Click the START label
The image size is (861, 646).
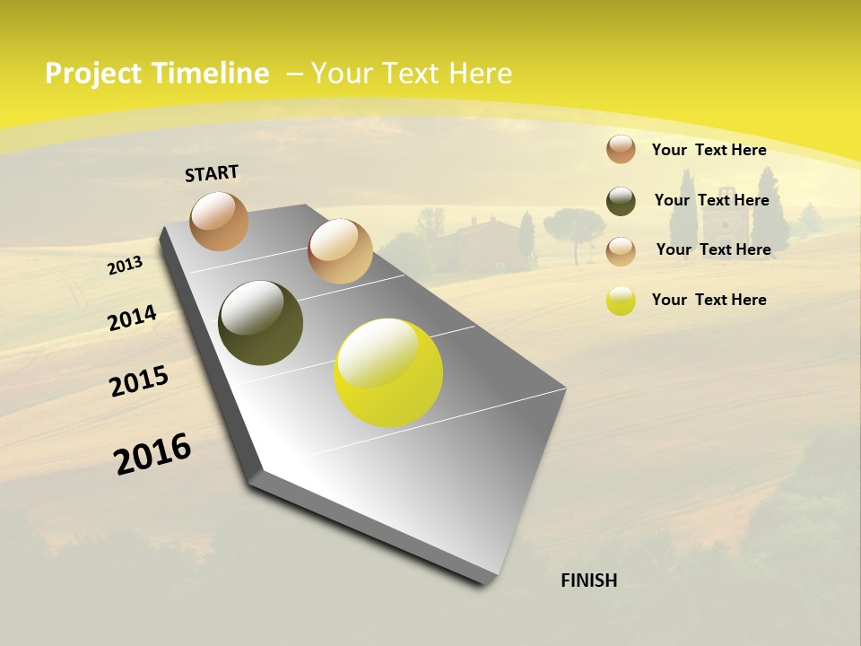212,173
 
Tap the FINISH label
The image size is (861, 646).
589,581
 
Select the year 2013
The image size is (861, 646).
126,265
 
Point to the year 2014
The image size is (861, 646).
132,319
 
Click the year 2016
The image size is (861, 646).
152,454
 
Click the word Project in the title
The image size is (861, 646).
93,74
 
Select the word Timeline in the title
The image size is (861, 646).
211,74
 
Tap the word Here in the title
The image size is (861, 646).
480,74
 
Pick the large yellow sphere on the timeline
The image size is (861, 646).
388,372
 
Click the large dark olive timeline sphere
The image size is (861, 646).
260,323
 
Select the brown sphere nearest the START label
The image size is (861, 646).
220,221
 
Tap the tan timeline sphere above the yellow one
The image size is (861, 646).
340,251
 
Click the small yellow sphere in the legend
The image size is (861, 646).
621,301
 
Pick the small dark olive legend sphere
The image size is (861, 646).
621,201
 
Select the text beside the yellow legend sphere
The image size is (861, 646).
709,300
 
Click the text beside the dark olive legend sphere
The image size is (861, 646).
711,200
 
